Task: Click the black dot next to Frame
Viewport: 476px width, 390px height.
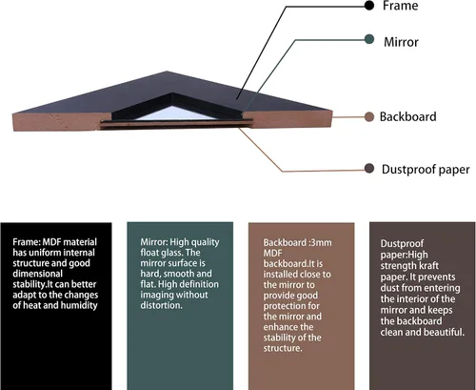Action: (x=369, y=6)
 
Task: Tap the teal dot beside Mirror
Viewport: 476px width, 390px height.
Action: (x=369, y=40)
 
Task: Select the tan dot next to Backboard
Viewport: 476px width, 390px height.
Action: (x=369, y=117)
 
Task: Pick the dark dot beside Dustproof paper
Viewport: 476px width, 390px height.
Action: (x=369, y=169)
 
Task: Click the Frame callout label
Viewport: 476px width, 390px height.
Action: (x=400, y=6)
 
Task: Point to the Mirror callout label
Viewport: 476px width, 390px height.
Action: (x=401, y=42)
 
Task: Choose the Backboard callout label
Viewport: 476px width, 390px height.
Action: (x=408, y=117)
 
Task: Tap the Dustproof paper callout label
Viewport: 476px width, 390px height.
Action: (x=426, y=170)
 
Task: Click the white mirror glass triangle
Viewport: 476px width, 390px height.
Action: (x=174, y=113)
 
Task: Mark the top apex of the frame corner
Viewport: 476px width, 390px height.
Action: (x=167, y=72)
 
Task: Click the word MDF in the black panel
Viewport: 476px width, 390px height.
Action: (x=52, y=242)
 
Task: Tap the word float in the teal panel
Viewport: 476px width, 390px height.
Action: (x=149, y=253)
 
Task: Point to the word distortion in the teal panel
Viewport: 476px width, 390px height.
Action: (x=162, y=305)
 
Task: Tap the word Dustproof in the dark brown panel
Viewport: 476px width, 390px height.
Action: (x=402, y=244)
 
